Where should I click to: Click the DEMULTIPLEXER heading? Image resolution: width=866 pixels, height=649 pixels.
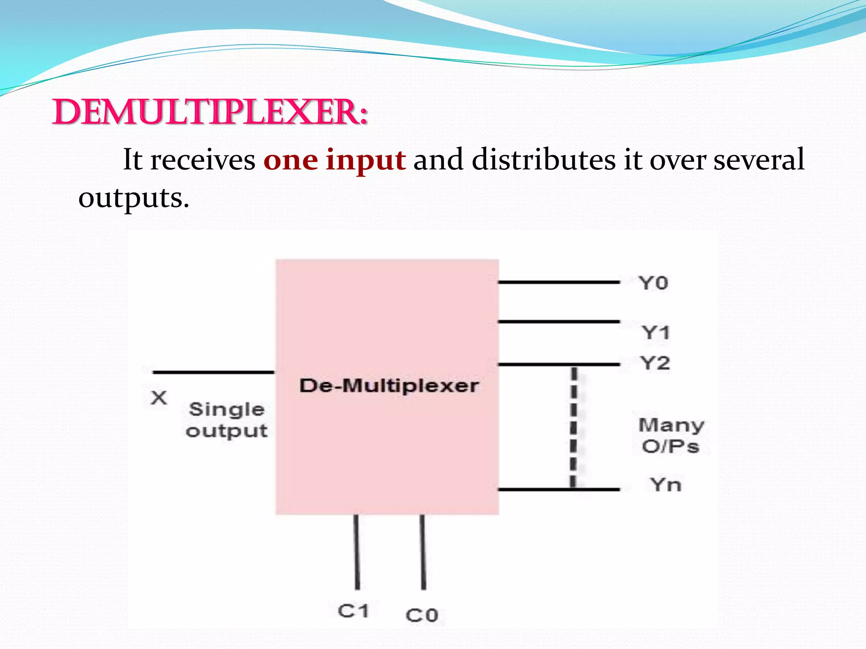(210, 113)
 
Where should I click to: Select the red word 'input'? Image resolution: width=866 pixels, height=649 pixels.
(366, 161)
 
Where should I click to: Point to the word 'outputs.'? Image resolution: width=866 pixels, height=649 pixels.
(134, 198)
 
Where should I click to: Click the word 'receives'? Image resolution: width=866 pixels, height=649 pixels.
(203, 160)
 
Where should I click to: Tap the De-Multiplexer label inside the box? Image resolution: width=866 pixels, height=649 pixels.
(389, 386)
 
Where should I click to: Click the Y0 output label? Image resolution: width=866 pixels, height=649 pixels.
(654, 283)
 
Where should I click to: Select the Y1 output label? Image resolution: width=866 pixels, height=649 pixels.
(656, 333)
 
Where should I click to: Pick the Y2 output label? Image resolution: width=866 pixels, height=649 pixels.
(655, 363)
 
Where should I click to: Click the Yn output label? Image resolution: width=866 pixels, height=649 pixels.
(666, 485)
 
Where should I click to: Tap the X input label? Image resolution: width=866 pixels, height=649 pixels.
(159, 398)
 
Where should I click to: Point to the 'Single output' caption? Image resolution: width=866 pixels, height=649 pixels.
(227, 420)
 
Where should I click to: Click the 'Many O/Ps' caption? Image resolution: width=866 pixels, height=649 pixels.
(671, 436)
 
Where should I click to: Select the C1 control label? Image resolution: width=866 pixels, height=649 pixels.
(353, 611)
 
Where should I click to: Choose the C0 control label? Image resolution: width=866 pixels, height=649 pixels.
(422, 615)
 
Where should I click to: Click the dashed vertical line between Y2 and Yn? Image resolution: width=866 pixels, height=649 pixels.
(573, 427)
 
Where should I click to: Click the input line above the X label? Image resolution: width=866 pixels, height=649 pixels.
(214, 372)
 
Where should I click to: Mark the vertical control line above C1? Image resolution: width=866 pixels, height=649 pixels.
(356, 551)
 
